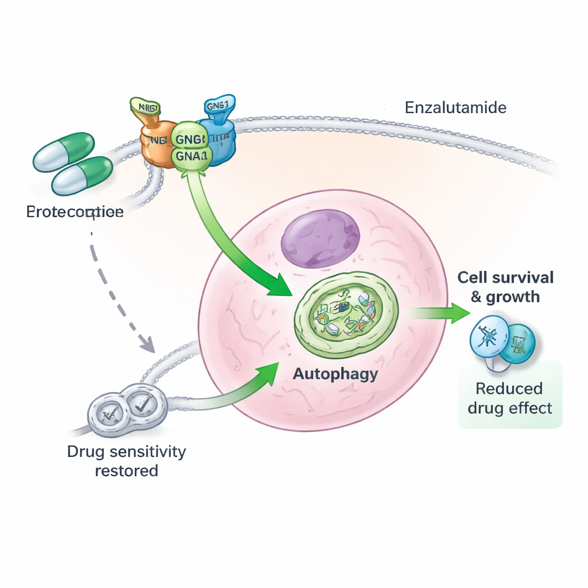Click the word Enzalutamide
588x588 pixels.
[x=455, y=107]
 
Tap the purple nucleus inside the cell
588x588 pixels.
[x=320, y=238]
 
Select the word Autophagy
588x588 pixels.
[x=335, y=374]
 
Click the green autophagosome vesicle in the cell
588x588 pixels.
[x=346, y=307]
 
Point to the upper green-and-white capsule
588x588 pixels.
[x=64, y=152]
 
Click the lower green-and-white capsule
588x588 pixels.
[x=82, y=175]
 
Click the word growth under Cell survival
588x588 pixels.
[x=513, y=297]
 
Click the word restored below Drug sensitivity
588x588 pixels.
[x=126, y=471]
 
